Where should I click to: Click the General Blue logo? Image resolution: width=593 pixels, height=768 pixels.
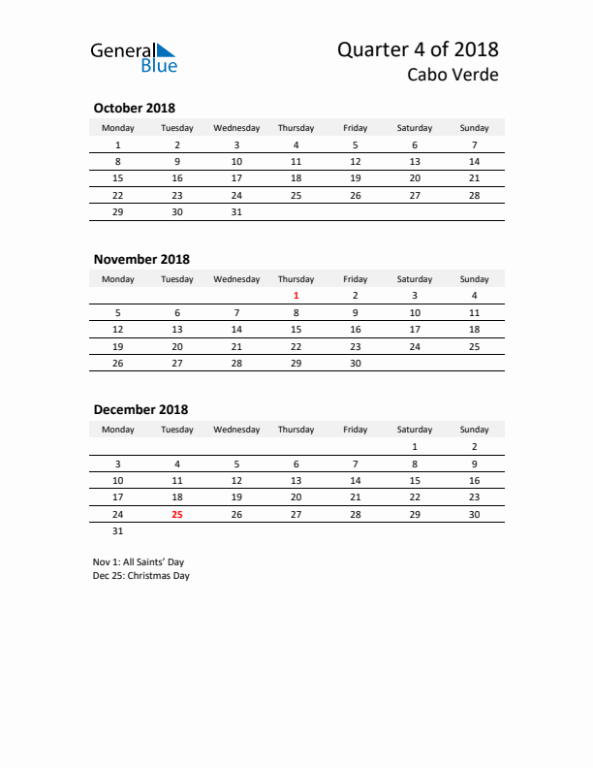point(134,57)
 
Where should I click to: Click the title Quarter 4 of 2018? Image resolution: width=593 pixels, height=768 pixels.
point(418,49)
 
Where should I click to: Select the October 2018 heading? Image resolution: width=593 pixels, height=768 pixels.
point(134,108)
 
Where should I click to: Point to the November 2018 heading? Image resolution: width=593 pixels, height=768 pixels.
point(141,259)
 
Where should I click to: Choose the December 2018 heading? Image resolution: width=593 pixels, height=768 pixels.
point(140,410)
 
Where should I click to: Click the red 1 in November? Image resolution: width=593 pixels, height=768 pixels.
point(296,296)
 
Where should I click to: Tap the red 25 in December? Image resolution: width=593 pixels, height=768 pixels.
point(177,515)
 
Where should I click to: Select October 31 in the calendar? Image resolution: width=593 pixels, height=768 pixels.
point(236,212)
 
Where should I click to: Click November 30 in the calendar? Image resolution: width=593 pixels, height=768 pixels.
point(356,364)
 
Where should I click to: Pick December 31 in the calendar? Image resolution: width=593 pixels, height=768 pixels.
point(118,531)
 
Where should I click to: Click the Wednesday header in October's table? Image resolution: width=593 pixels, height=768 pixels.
point(236,128)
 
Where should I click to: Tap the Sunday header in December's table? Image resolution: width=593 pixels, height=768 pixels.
point(475,430)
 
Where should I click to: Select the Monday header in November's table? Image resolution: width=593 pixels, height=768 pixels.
point(118,279)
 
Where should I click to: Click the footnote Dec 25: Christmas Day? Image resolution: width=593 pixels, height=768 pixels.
point(141,576)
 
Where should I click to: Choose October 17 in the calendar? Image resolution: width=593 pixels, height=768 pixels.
point(236,178)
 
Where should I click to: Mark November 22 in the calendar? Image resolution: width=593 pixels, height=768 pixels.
point(296,346)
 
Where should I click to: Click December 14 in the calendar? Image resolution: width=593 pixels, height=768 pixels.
point(356,480)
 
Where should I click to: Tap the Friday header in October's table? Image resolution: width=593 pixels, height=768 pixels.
point(356,128)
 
